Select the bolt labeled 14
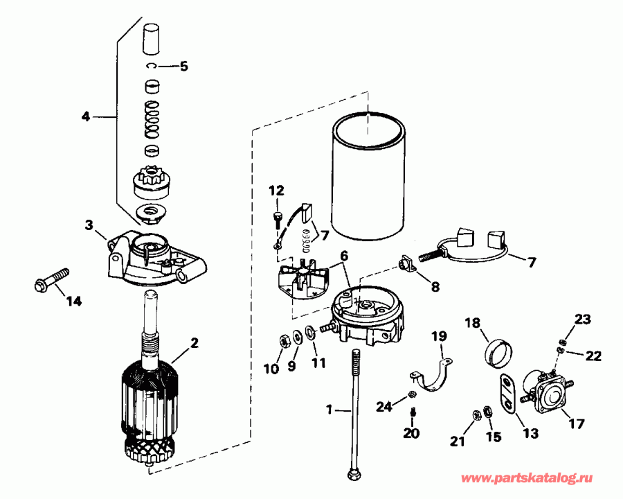coord(51,279)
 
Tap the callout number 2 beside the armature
coord(195,342)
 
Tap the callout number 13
coord(530,435)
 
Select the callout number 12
coord(276,190)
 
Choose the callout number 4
coord(85,116)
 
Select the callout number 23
coord(584,319)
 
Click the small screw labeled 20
coord(413,414)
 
